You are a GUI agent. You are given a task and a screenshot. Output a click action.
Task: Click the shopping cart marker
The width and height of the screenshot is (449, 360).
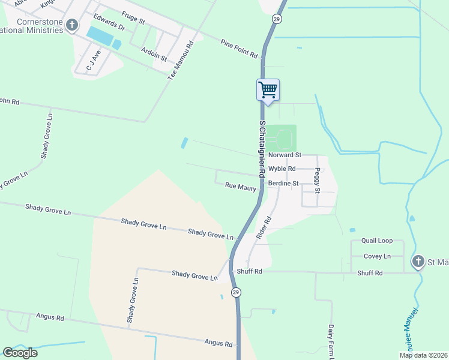click(268, 91)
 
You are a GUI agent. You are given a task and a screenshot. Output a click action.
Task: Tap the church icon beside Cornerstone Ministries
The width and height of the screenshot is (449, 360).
click(72, 25)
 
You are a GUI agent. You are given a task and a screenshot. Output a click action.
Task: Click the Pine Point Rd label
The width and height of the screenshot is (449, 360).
click(239, 49)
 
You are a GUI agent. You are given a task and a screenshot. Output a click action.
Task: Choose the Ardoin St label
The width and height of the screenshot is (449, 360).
click(154, 55)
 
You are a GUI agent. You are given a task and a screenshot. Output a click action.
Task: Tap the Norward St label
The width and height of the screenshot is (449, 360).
click(284, 155)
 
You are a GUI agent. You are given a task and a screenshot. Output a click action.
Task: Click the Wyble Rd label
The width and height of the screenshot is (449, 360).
click(281, 169)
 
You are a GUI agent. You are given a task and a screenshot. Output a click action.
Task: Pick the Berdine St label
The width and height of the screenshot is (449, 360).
click(283, 183)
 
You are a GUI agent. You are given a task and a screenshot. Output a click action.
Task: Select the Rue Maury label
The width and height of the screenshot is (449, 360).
click(241, 188)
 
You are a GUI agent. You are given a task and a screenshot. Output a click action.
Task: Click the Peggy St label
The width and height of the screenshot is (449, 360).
click(318, 181)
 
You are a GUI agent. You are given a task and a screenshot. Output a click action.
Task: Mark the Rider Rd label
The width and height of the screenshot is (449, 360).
click(264, 228)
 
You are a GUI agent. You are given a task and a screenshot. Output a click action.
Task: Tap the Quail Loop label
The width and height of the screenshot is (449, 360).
click(377, 241)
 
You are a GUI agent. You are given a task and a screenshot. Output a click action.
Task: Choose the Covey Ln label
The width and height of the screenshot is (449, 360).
click(378, 256)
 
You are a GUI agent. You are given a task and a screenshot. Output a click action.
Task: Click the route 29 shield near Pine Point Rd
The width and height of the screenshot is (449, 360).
click(276, 19)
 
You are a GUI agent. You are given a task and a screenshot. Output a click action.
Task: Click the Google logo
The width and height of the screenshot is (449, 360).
click(20, 353)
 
